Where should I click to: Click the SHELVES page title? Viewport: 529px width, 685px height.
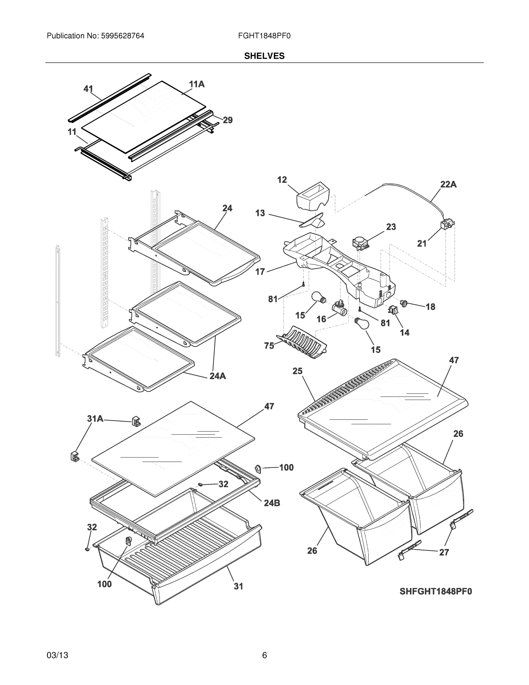point(264,56)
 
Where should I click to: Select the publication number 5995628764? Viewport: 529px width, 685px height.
point(123,36)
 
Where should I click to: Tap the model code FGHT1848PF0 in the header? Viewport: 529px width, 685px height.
point(264,36)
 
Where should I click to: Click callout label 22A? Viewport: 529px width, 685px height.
point(448,184)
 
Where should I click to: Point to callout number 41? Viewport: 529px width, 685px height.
point(88,89)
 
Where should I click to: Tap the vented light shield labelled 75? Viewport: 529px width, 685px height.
point(302,342)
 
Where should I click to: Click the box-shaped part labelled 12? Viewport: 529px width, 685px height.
point(313,196)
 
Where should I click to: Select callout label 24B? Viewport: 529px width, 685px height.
point(272,503)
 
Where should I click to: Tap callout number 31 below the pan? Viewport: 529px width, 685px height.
point(238,586)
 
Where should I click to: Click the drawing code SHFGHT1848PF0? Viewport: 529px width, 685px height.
point(436,592)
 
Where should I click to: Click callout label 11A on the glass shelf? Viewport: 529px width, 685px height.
point(196,84)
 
